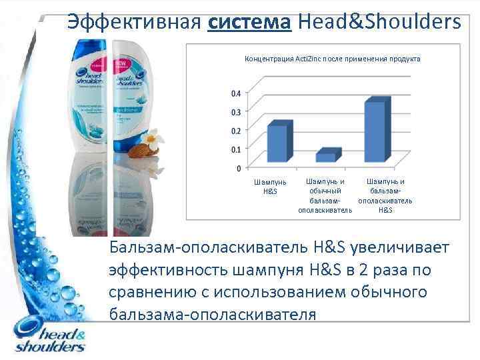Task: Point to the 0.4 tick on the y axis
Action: point(236,93)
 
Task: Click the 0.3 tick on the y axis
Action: point(236,111)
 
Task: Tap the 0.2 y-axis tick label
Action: point(236,130)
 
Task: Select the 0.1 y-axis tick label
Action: point(236,149)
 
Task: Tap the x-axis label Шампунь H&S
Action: point(269,187)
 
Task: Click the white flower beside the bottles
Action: point(154,141)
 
